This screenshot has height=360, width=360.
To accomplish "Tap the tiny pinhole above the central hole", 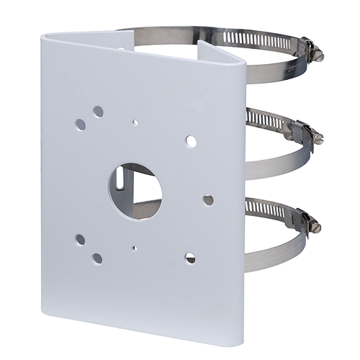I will (x=135, y=122).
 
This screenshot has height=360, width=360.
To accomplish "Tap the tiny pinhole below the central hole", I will (x=134, y=248).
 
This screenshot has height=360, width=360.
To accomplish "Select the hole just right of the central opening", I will (x=208, y=199).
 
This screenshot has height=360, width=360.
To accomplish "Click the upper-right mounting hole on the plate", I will (x=191, y=141).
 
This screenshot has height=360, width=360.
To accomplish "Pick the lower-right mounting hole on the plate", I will (x=190, y=257).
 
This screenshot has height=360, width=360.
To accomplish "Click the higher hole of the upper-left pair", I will (x=98, y=112).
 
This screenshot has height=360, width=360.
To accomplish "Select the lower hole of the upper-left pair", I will (x=81, y=125).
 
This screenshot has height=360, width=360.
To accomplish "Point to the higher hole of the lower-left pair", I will (x=80, y=239).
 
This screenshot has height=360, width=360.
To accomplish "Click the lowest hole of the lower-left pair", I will (x=96, y=258).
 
